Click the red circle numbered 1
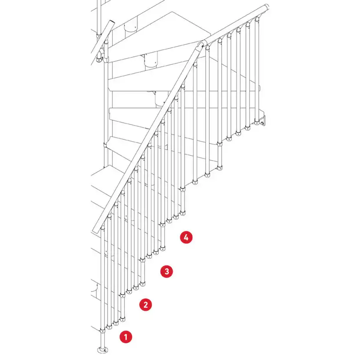point(126,337)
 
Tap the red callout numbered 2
point(146,305)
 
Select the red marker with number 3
point(167,271)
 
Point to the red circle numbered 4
point(186,237)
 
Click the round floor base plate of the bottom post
point(103,350)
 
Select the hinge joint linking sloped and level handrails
point(201,43)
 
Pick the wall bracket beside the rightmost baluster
point(262,121)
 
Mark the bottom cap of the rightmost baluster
point(257,123)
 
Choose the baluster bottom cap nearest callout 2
point(123,319)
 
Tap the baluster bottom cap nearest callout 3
point(143,284)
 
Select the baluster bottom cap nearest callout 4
point(163,248)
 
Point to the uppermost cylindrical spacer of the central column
point(130,27)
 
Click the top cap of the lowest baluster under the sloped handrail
point(103,228)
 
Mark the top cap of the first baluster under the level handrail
point(207,47)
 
